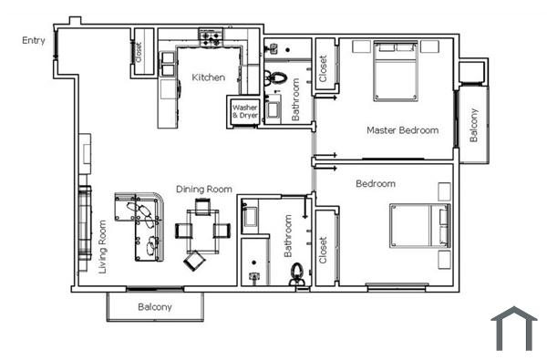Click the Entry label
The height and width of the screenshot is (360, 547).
click(x=35, y=41)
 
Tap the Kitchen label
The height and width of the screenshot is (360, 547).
click(x=208, y=77)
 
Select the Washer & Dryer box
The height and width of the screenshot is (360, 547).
click(x=243, y=111)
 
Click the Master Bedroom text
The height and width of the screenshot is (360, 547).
click(x=402, y=130)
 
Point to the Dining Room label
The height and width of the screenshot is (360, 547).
click(x=204, y=189)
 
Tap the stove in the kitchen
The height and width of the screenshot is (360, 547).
click(x=212, y=38)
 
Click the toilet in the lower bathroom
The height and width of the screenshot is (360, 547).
click(x=296, y=273)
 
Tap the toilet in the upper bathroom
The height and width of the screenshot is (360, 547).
click(x=274, y=77)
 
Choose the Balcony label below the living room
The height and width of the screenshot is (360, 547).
click(x=155, y=307)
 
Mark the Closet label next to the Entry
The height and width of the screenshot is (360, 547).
click(x=139, y=52)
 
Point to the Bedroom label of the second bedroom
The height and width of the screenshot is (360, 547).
click(x=376, y=184)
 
